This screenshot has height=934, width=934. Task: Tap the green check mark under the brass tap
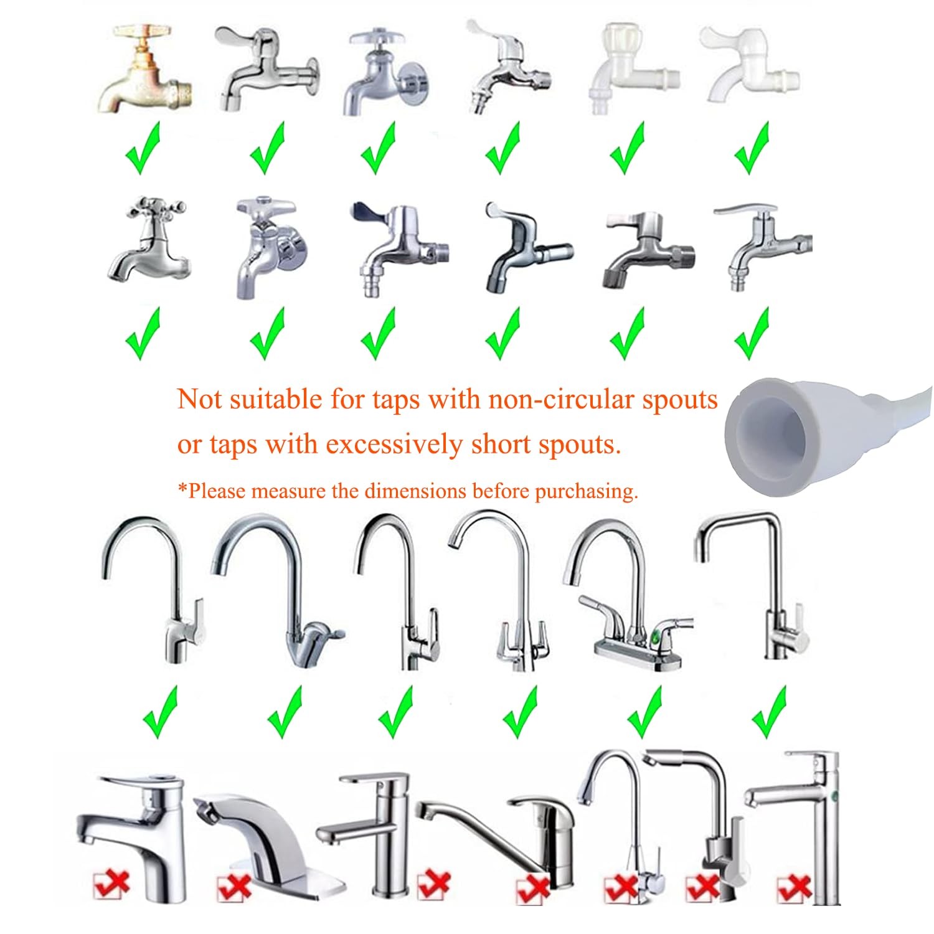coord(143,148)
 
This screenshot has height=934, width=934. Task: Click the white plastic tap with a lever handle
coord(750,65)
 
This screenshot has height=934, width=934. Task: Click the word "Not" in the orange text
coord(200,399)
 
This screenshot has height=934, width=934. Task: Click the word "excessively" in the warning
coord(394,445)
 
